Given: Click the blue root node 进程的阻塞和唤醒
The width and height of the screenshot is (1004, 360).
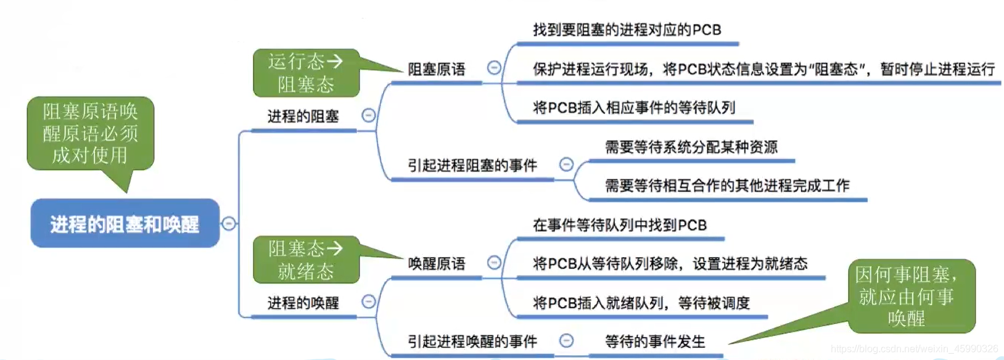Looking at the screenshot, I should (125, 224).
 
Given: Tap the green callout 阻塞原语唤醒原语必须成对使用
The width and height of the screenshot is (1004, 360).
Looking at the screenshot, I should (90, 133).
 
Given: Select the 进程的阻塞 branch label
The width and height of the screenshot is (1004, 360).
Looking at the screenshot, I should (303, 117).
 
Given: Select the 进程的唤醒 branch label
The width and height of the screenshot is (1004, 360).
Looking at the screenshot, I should (303, 303).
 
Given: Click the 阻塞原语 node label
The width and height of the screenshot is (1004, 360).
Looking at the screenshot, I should (436, 70).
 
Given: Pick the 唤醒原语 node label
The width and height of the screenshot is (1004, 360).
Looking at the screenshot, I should (436, 264).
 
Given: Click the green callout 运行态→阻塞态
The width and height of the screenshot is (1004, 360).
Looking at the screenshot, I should (306, 73).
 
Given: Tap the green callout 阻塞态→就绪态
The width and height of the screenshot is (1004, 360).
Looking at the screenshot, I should (306, 260).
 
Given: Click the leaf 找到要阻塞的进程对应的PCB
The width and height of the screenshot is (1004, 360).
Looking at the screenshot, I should (627, 30).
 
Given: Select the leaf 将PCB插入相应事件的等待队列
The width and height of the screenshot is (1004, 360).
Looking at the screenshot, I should (634, 108).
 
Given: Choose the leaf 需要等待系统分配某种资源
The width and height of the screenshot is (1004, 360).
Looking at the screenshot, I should (691, 147).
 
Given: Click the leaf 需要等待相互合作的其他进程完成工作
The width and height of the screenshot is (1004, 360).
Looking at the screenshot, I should (726, 186).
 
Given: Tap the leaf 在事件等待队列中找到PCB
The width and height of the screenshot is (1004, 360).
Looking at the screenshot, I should (619, 226).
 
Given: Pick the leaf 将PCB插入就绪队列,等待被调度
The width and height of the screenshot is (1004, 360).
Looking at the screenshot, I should (641, 303).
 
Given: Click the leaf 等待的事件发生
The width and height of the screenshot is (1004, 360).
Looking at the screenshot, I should (654, 342).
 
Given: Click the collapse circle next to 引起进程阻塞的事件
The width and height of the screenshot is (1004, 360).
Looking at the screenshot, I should (566, 165).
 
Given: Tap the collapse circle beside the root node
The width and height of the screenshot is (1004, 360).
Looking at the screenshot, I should (229, 223).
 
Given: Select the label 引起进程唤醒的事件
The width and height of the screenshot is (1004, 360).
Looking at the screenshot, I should (472, 342).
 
